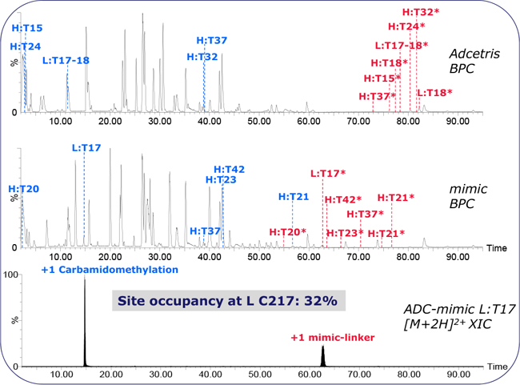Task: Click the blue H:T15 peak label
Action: click(28, 28)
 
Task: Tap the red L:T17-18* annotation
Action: click(401, 45)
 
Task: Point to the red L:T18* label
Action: click(434, 93)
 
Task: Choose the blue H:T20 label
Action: click(23, 189)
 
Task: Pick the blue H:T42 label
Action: click(230, 169)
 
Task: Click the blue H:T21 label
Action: click(294, 196)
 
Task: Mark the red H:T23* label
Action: click(345, 233)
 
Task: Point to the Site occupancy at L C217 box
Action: click(228, 302)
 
